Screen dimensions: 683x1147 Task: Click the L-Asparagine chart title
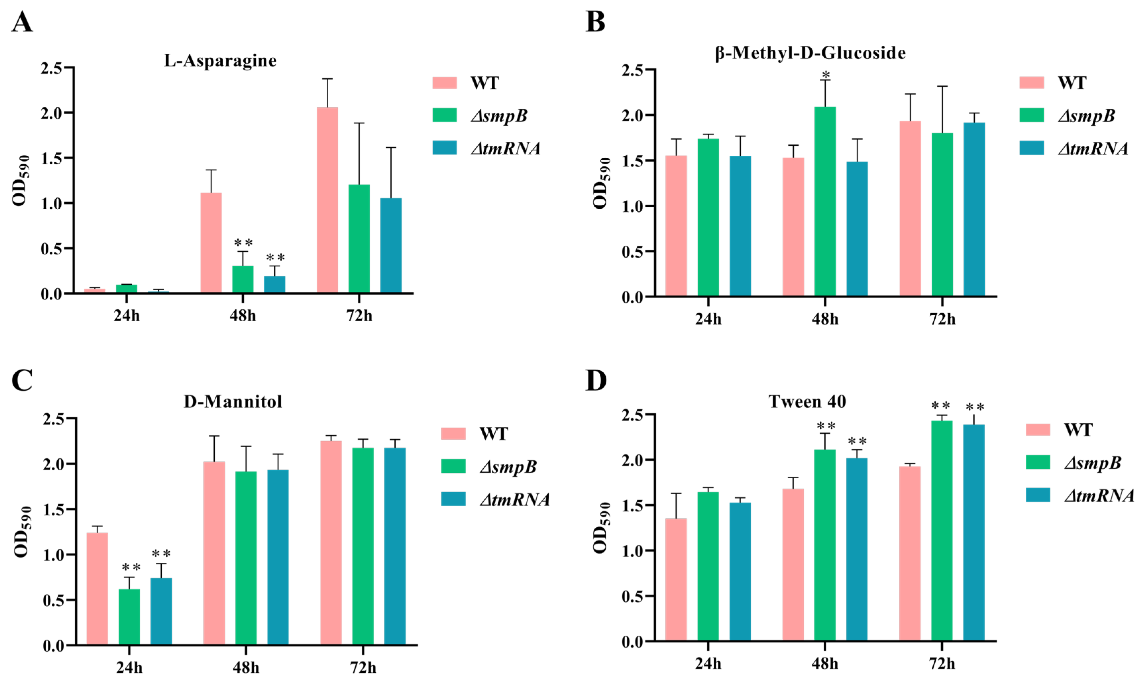(x=220, y=61)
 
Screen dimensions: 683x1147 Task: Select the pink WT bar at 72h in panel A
(x=327, y=200)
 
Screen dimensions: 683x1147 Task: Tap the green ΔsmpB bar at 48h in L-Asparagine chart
(x=243, y=279)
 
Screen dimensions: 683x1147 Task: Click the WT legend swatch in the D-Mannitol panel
(x=453, y=434)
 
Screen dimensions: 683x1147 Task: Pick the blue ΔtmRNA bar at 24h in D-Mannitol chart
(x=161, y=611)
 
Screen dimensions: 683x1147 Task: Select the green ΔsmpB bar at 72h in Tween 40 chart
(x=942, y=531)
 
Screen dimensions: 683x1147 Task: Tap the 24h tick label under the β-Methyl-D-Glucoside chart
(x=708, y=319)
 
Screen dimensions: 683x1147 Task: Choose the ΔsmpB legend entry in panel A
(x=499, y=116)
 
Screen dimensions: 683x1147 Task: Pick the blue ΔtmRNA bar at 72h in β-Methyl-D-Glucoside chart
(x=974, y=209)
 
